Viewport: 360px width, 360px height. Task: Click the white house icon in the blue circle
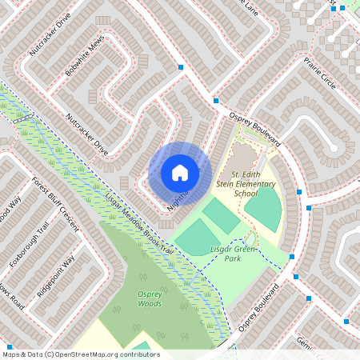coord(180,173)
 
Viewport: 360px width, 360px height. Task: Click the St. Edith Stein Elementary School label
coord(254,184)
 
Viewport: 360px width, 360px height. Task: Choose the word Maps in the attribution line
coord(11,354)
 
